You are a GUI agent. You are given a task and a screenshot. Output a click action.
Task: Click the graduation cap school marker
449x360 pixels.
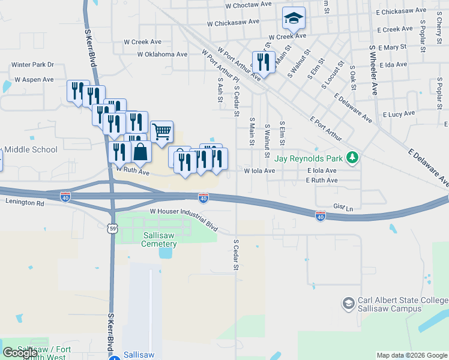pos(294,19)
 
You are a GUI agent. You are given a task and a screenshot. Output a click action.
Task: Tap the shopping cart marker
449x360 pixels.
pos(161,131)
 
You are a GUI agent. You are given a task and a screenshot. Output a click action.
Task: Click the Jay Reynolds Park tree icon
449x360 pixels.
pos(353,158)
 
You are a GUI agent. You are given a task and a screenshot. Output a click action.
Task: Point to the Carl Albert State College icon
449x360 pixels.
pos(348,304)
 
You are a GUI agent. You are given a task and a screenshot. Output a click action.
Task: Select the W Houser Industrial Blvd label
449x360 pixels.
pos(184,212)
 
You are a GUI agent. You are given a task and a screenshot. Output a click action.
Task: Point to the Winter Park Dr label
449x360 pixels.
pos(32,64)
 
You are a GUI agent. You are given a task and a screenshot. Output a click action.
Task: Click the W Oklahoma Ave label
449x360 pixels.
pos(162,54)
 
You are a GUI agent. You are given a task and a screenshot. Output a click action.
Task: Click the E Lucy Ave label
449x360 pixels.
pos(399,113)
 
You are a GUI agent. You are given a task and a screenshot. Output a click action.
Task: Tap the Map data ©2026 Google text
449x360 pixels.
pos(411,355)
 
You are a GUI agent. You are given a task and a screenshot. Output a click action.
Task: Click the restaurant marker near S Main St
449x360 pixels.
pos(264,61)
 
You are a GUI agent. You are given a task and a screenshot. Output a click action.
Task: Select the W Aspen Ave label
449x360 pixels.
pos(34,79)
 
